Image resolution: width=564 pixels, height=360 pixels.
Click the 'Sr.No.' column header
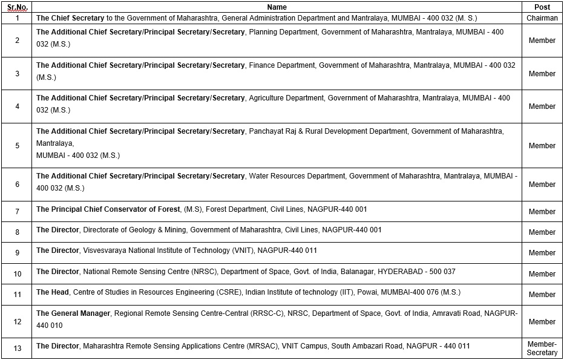click(17, 7)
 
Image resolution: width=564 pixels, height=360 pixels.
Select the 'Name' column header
click(277, 7)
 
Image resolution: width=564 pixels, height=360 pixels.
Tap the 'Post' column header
click(542, 7)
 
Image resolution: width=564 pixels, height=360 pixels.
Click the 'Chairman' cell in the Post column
click(542, 18)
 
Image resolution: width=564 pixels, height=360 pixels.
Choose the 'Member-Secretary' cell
click(542, 349)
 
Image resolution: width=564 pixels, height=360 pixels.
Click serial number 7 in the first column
click(17, 212)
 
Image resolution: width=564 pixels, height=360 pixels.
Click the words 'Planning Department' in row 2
click(283, 32)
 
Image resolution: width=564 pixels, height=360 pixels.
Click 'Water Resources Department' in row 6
click(297, 176)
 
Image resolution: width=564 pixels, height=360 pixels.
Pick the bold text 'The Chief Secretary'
click(70, 18)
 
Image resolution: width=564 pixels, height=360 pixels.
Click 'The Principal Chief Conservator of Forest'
click(108, 209)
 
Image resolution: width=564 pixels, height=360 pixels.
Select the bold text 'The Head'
click(52, 292)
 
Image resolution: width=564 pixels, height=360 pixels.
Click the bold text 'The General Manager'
click(73, 313)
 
